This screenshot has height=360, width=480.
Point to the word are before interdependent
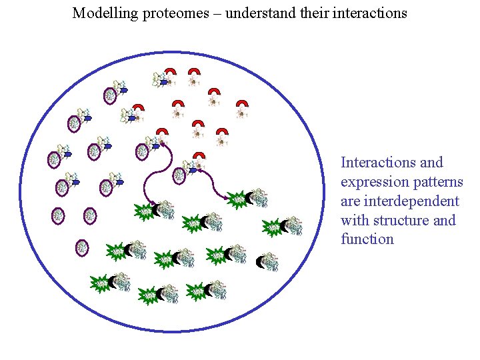[351, 201]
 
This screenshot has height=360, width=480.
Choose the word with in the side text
[355, 220]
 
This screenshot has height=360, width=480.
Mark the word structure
[401, 220]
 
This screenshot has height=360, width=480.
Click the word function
[367, 239]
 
